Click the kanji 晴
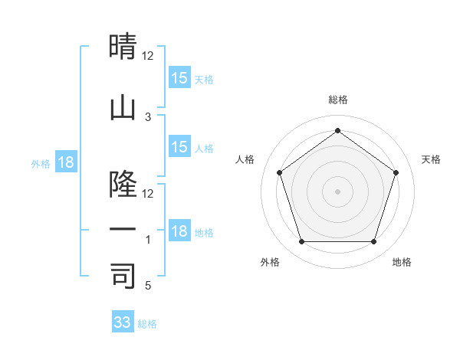pos(123,47)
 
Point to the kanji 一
pos(123,229)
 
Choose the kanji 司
pos(123,276)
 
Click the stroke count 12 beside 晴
pos(148,56)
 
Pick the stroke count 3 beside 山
pos(148,116)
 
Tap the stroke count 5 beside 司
pos(148,286)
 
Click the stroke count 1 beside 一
pos(148,240)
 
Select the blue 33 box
pos(122,322)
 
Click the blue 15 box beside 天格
pos(179,78)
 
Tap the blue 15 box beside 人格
pos(179,147)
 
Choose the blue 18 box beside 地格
pos(179,231)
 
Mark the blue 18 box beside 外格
pos(65,162)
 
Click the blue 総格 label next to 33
pos(147,324)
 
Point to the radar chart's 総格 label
pos(337,100)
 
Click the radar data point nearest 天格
pos(396,172)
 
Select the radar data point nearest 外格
pos(301,242)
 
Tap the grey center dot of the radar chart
pos(337,191)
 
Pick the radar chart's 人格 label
pos(245,159)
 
